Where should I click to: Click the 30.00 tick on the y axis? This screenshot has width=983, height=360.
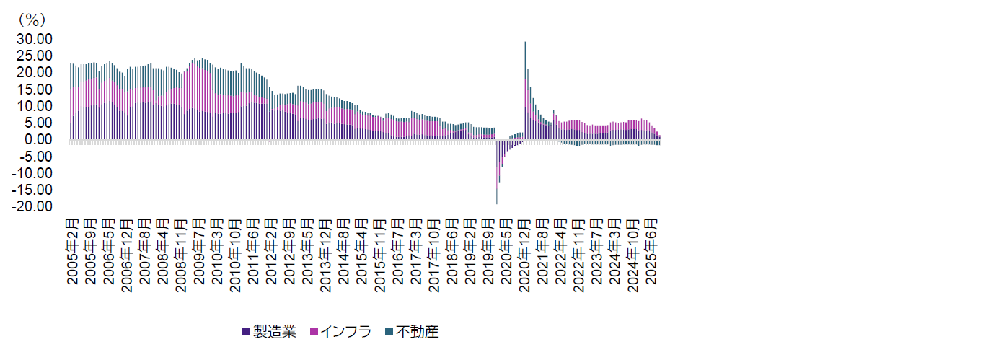[33, 39]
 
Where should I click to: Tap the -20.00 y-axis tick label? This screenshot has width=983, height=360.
[32, 206]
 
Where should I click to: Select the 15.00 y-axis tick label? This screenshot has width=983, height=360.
[33, 89]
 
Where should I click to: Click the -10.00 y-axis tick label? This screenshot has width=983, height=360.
[32, 173]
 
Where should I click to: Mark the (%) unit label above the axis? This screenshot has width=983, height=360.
[30, 20]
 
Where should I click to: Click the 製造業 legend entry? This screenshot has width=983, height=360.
[274, 332]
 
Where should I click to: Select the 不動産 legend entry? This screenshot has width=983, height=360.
[417, 332]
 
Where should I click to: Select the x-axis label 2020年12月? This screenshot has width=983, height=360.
[525, 253]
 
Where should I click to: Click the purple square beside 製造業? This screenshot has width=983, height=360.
[246, 332]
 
